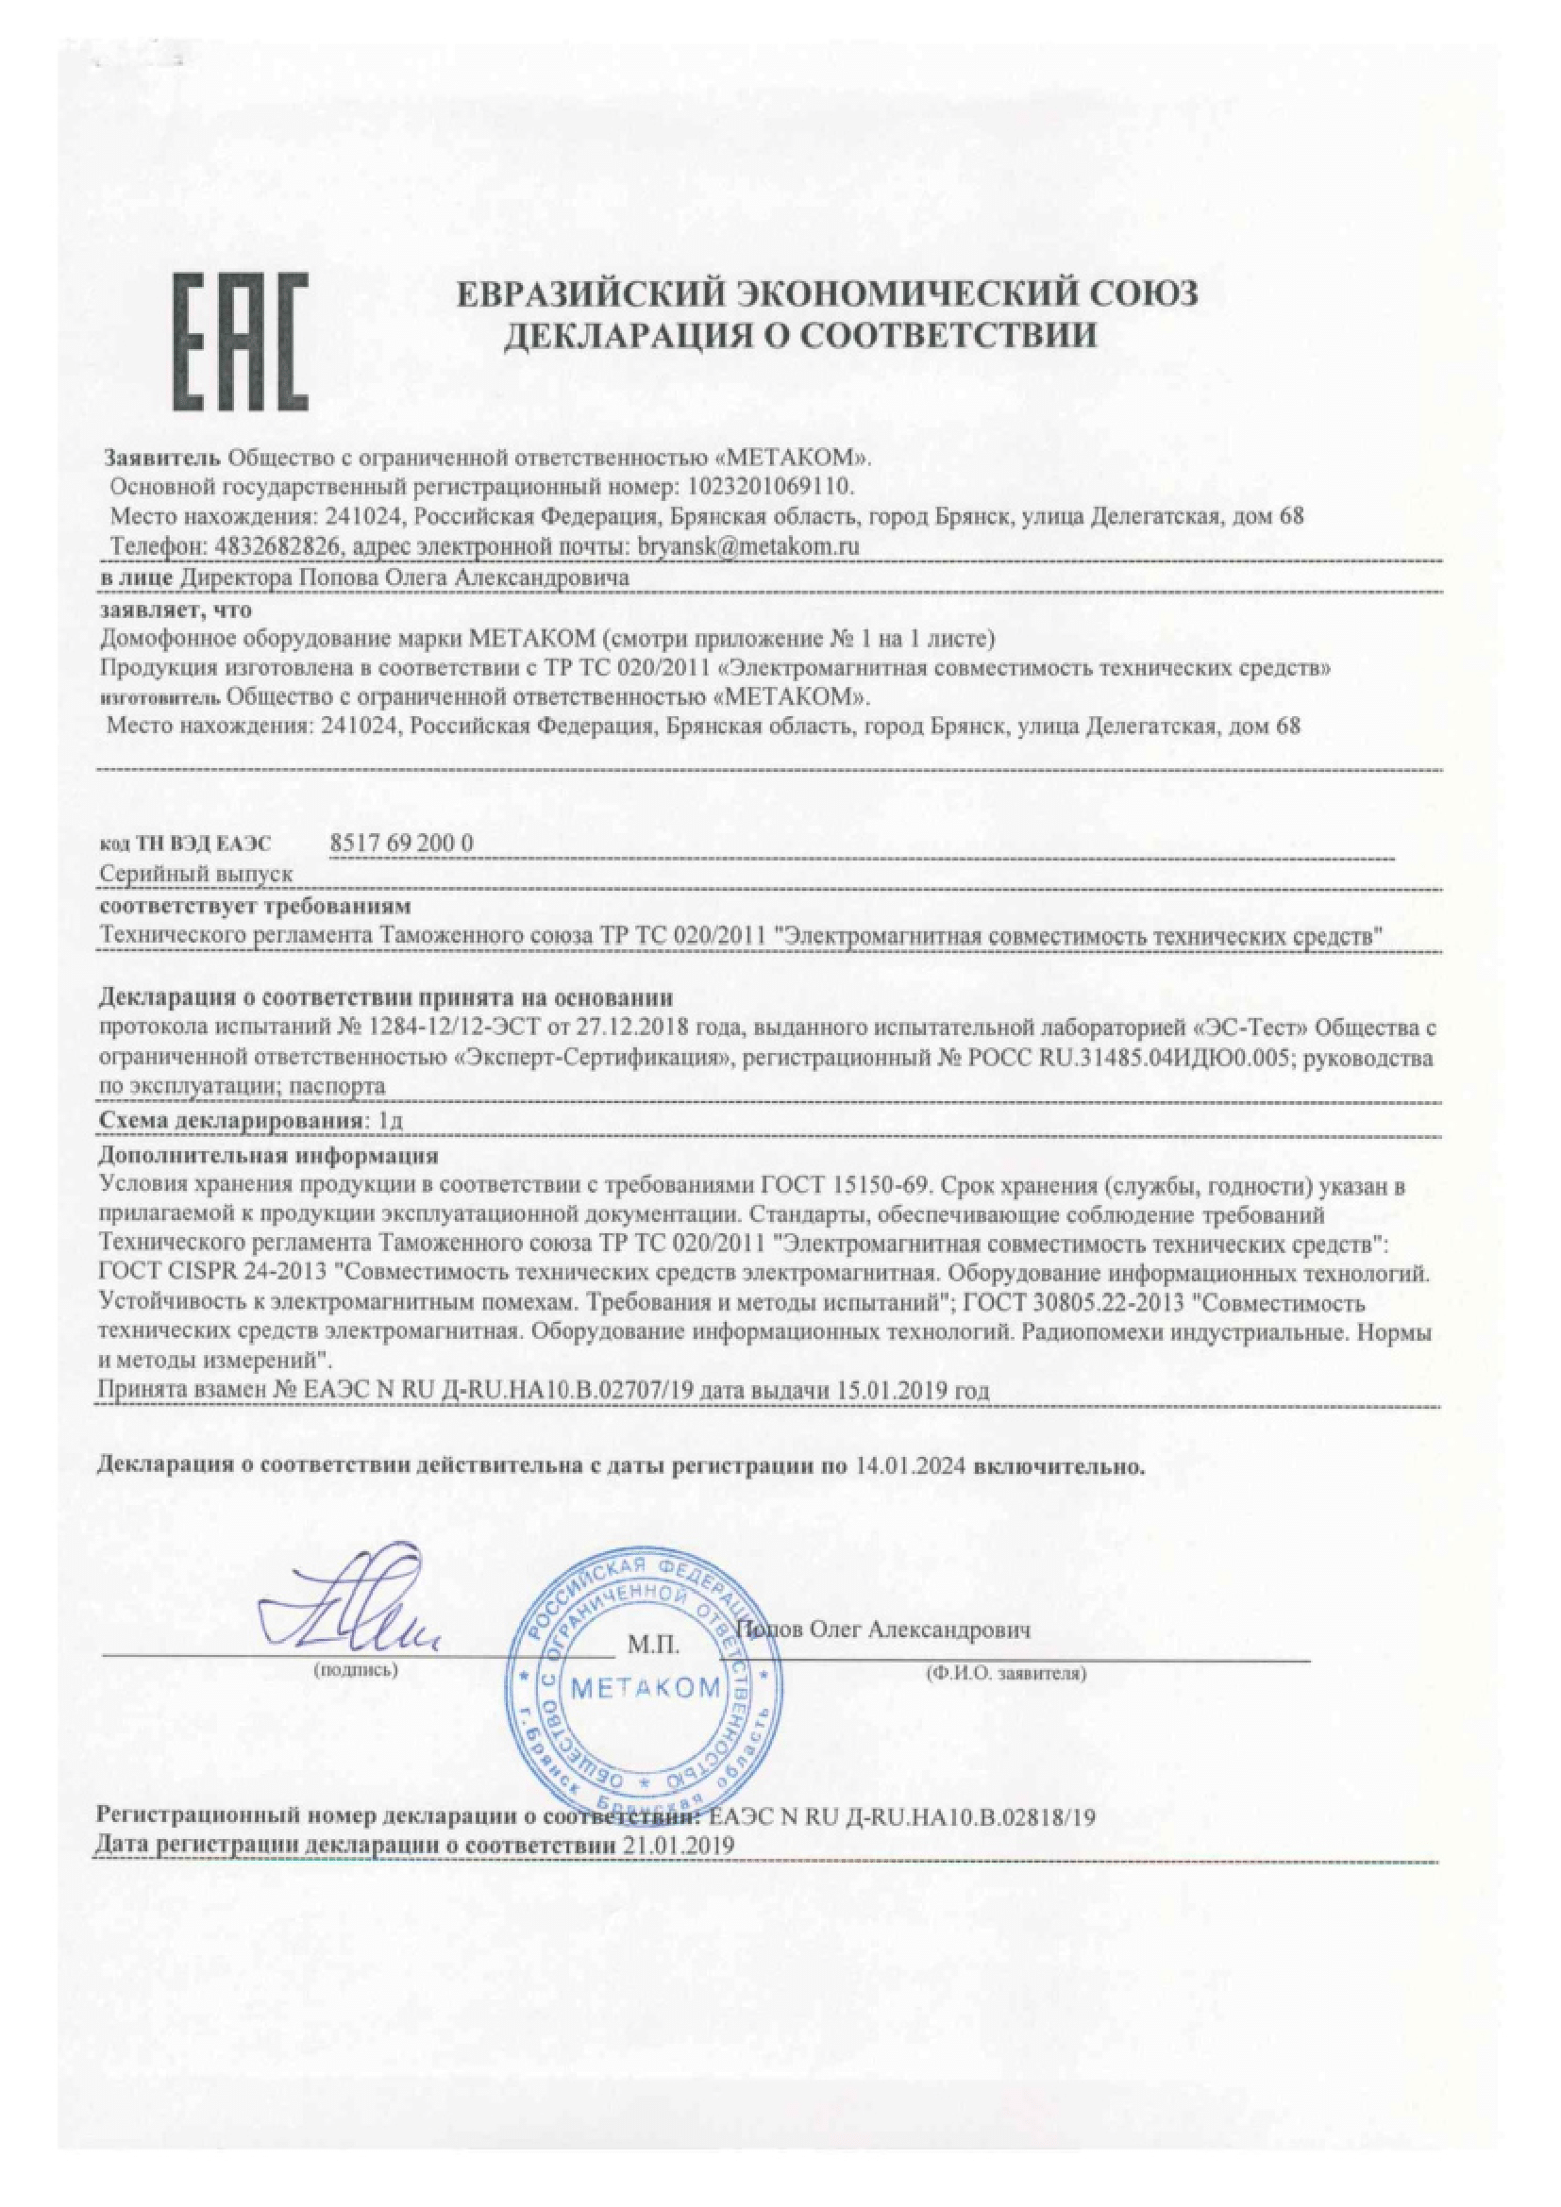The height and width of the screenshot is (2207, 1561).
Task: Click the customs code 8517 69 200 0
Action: [x=402, y=842]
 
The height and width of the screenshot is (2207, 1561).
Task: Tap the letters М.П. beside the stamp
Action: [x=654, y=1646]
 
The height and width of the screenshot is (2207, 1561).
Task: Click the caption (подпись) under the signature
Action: [x=356, y=1671]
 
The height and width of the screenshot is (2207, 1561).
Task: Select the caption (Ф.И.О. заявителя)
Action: [x=1006, y=1674]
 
